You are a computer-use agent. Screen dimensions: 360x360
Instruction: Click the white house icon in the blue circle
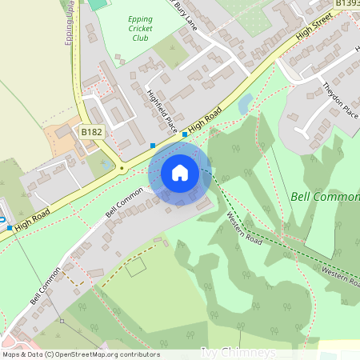tap(180, 172)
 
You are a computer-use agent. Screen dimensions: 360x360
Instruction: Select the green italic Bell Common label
tap(324, 196)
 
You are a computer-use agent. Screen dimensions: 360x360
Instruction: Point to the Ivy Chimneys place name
tap(238, 353)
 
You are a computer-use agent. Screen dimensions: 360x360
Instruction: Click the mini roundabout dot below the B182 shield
tap(121, 168)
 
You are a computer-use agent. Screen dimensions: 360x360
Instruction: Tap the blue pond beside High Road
tap(245, 102)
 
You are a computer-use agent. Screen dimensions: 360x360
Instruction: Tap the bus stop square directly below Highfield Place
tap(153, 146)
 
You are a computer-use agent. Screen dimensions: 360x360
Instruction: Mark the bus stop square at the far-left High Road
tap(10, 227)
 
